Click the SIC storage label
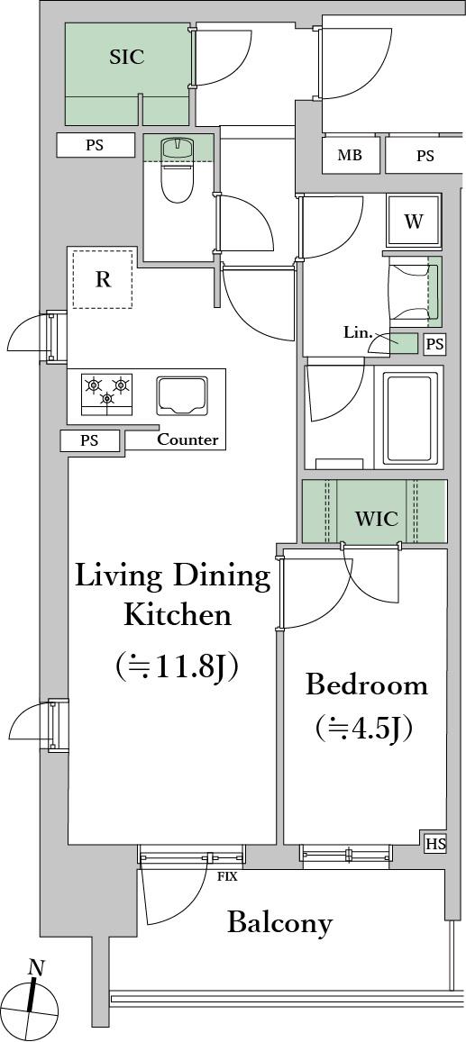tap(126, 57)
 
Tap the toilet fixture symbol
tap(177, 171)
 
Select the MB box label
tap(350, 156)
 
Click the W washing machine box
tap(414, 222)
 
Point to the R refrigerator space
tap(103, 278)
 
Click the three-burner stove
tap(106, 394)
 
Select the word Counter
tap(187, 439)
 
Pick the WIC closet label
tap(376, 519)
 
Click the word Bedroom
tap(366, 685)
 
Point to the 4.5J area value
tap(364, 729)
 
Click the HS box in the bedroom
tap(435, 844)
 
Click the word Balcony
tap(279, 922)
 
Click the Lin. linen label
tap(357, 332)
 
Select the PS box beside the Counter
tap(90, 440)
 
